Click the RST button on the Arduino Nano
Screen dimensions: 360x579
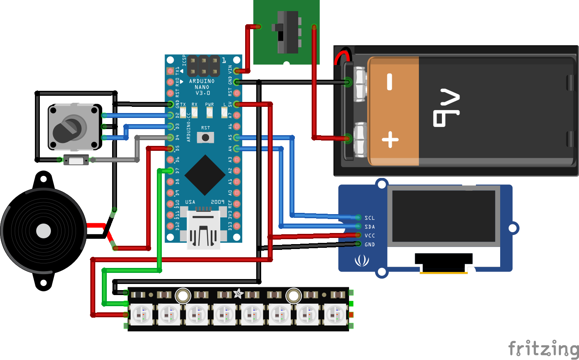click(205, 137)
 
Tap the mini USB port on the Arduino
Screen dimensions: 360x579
click(203, 230)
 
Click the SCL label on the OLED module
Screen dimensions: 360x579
click(370, 218)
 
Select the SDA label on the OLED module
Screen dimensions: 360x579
click(370, 227)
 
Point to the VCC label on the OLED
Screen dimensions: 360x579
click(370, 235)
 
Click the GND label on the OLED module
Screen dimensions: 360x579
click(370, 245)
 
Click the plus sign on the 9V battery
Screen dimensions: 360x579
click(390, 140)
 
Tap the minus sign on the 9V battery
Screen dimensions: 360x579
click(390, 81)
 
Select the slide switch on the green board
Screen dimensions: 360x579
click(287, 32)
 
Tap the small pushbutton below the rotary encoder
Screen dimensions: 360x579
click(76, 160)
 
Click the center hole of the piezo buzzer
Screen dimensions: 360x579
click(44, 231)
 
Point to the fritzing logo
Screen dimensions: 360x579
click(543, 348)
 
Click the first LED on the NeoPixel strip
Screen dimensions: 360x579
click(141, 315)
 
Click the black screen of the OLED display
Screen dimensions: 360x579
click(443, 216)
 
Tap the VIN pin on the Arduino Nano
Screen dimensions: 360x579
click(237, 71)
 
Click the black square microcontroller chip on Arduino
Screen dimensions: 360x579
click(205, 175)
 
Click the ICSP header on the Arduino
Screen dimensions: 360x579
click(203, 66)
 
